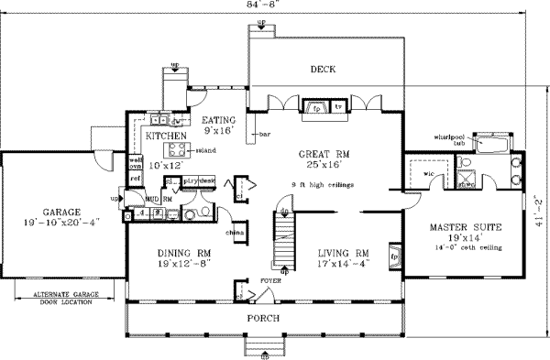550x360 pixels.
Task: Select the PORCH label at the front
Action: click(276, 317)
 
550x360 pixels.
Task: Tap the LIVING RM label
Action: click(343, 253)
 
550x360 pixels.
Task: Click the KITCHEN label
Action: click(167, 136)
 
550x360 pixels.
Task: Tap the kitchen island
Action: click(174, 150)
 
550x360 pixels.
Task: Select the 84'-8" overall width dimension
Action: click(267, 5)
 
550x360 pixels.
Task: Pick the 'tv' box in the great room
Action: click(338, 107)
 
